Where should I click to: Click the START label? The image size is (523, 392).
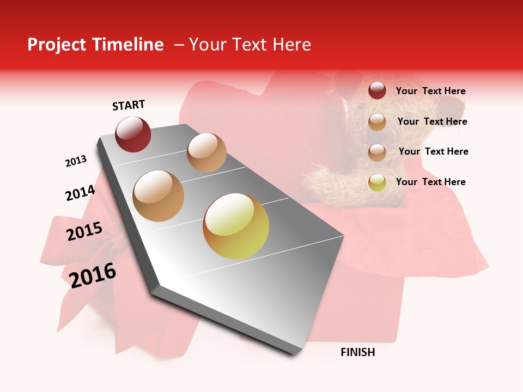(129, 105)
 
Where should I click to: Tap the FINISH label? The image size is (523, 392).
(358, 352)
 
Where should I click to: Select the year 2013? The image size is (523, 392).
(76, 161)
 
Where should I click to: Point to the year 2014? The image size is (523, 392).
(80, 193)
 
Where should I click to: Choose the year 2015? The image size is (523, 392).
(84, 231)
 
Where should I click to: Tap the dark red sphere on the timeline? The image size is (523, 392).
(133, 134)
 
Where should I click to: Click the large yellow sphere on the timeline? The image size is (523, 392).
(236, 226)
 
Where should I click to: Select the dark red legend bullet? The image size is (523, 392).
(377, 91)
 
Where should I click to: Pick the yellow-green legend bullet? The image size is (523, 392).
(377, 182)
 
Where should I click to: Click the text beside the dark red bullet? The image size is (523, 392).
(430, 91)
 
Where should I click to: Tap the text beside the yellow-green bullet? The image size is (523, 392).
(430, 182)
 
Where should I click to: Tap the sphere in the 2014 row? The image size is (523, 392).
(159, 196)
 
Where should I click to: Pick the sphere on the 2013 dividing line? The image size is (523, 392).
(206, 152)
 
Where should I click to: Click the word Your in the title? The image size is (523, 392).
(208, 45)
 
